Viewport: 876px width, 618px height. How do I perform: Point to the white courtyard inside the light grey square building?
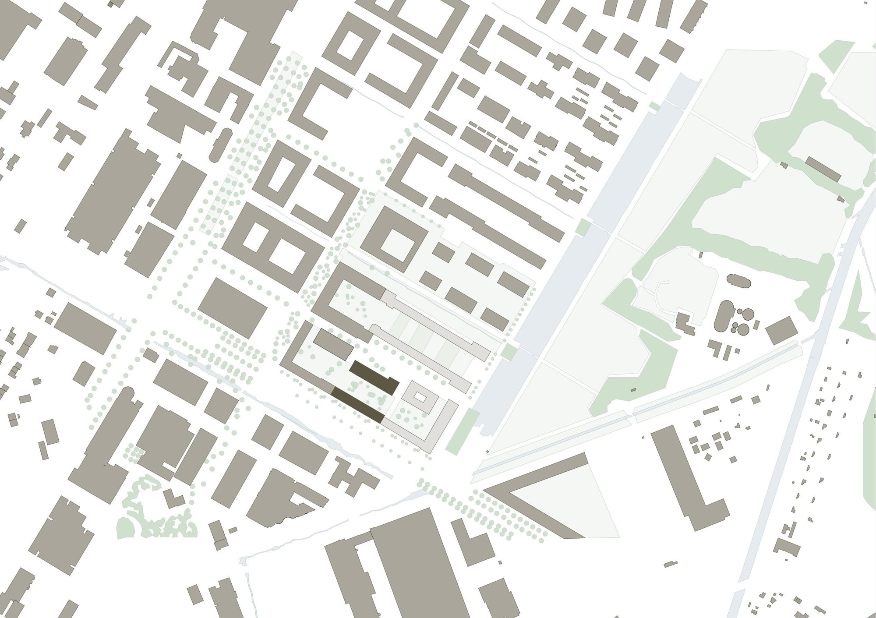click(x=420, y=397)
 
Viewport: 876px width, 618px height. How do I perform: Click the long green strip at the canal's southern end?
click(x=463, y=429)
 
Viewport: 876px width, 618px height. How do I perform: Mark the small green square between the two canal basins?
click(x=509, y=351)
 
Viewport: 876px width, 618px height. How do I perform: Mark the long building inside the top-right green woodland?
click(x=823, y=169)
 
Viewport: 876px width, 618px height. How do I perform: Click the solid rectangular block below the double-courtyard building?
click(x=233, y=308)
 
